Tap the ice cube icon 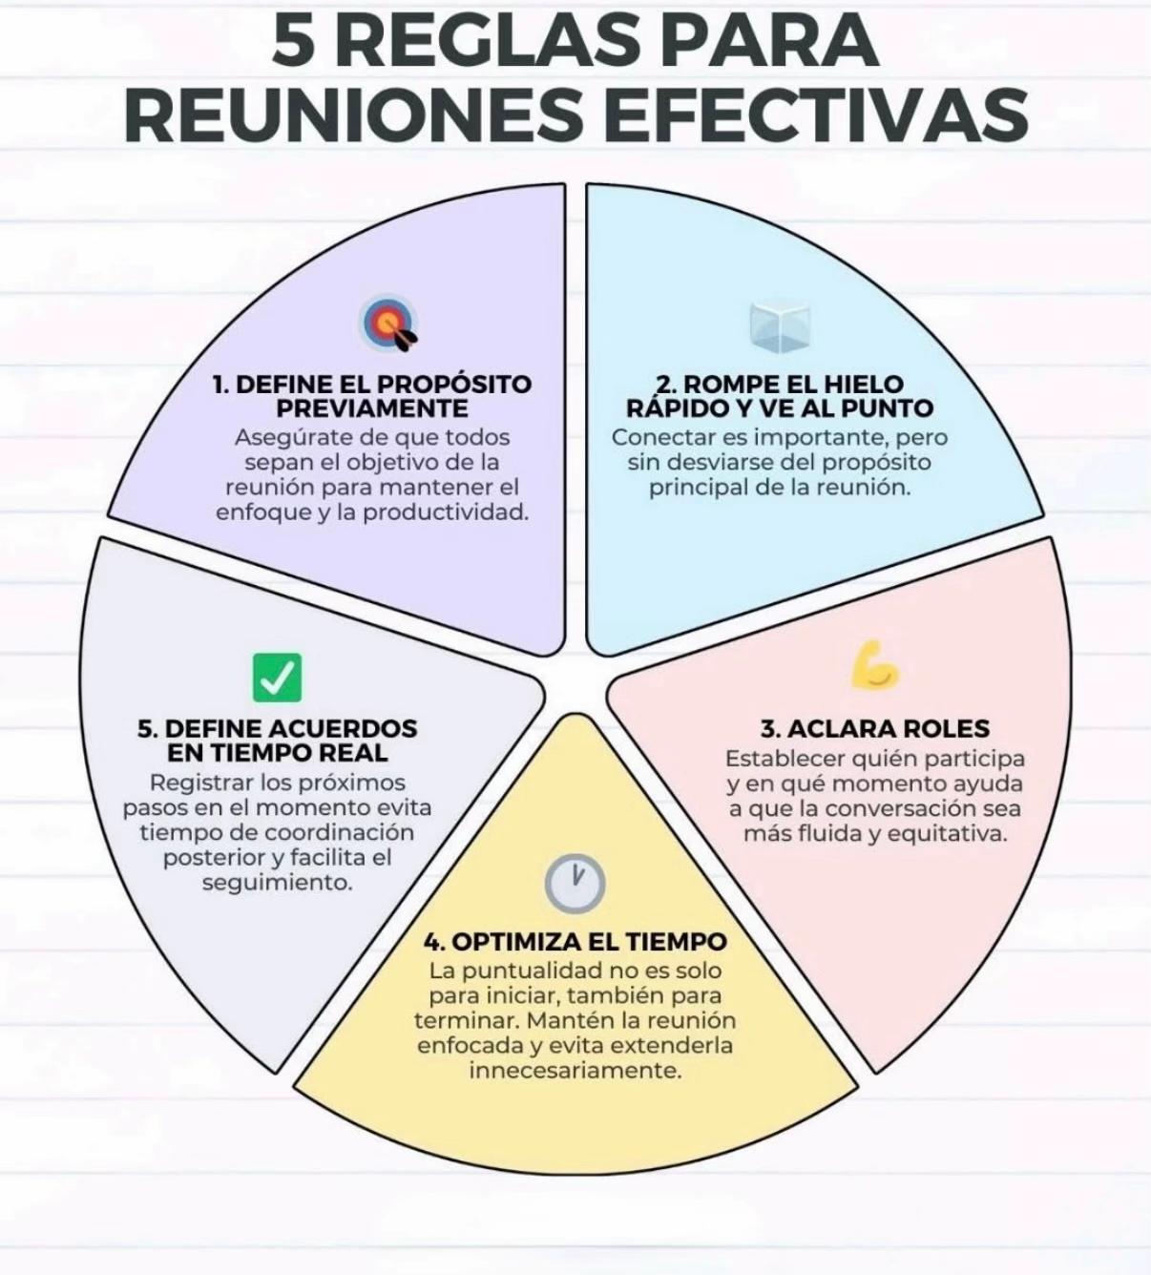click(x=781, y=325)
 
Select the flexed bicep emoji click(x=875, y=667)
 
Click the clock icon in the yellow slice click(x=575, y=883)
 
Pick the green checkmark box click(x=278, y=678)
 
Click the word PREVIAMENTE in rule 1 click(x=372, y=408)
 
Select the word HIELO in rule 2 click(x=864, y=384)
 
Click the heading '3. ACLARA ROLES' click(x=875, y=728)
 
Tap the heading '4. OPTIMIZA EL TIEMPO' click(x=575, y=941)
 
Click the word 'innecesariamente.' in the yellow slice click(x=575, y=1071)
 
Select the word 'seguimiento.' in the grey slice click(x=278, y=883)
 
